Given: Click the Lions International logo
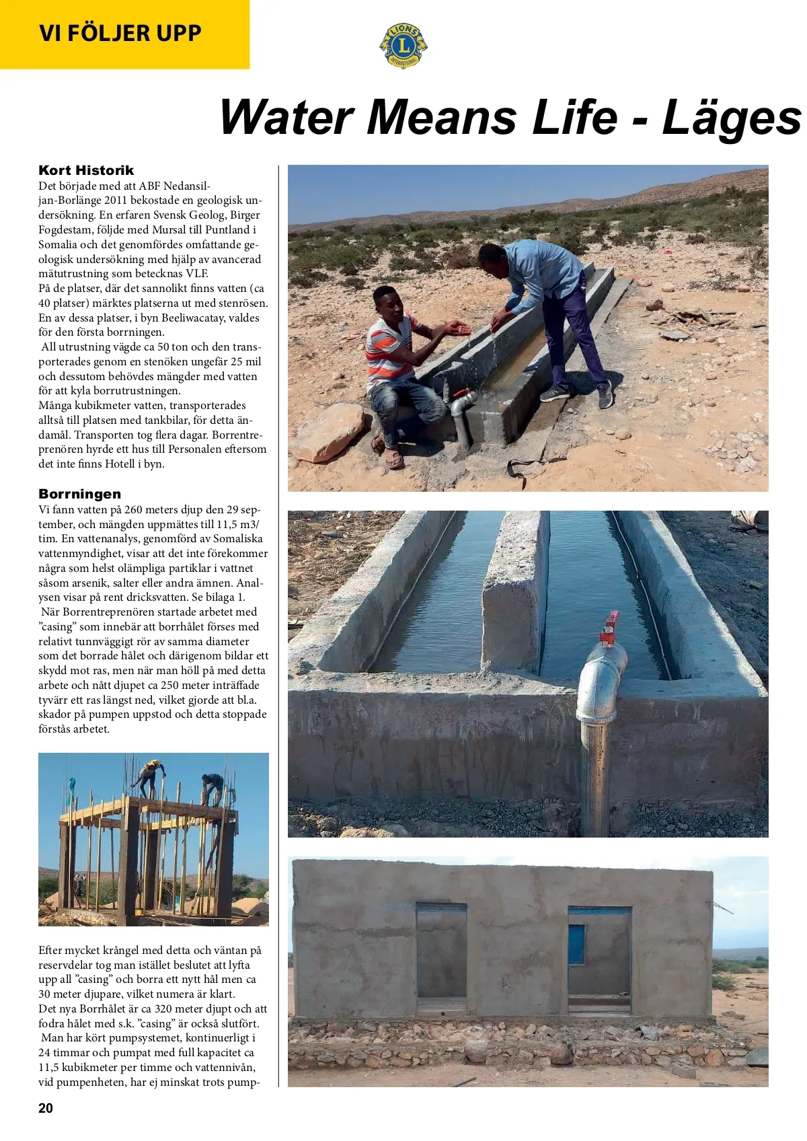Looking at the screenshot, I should click(x=403, y=45).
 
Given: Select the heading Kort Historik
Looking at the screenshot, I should click(x=86, y=170).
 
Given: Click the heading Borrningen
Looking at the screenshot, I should click(x=79, y=494).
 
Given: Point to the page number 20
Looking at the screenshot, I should click(x=46, y=1108).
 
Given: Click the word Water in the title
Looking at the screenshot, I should click(x=286, y=117).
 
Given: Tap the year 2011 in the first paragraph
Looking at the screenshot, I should click(x=116, y=200).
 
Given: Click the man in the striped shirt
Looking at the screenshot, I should click(x=393, y=357).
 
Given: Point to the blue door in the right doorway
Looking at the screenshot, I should click(x=577, y=945).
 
